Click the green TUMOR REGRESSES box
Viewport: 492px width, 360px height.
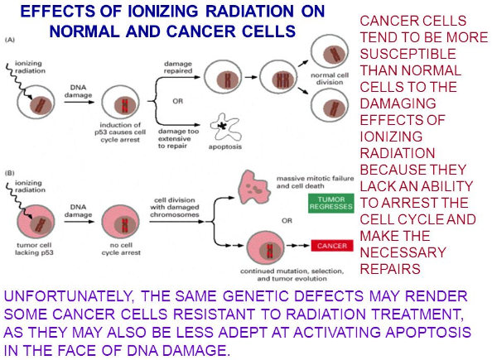click(331, 204)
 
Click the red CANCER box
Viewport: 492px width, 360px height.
click(332, 246)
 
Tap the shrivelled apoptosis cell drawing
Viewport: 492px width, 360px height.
click(225, 127)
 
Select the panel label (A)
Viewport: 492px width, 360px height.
click(10, 40)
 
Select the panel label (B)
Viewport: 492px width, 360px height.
click(10, 173)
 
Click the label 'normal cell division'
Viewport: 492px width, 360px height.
click(330, 79)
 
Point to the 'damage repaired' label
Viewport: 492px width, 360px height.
click(178, 67)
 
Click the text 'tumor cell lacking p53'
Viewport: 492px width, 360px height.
click(34, 248)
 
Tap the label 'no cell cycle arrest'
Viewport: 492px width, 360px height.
click(121, 248)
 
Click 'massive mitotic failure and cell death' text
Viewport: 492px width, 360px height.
click(315, 182)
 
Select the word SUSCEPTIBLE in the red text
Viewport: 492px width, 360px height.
click(408, 54)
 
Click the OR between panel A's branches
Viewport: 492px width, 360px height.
click(177, 101)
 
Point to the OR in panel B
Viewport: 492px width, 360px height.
click(287, 221)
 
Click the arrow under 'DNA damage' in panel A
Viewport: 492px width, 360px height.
click(79, 102)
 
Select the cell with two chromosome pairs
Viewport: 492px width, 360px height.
click(279, 77)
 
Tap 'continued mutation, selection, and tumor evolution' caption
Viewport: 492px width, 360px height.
click(292, 275)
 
